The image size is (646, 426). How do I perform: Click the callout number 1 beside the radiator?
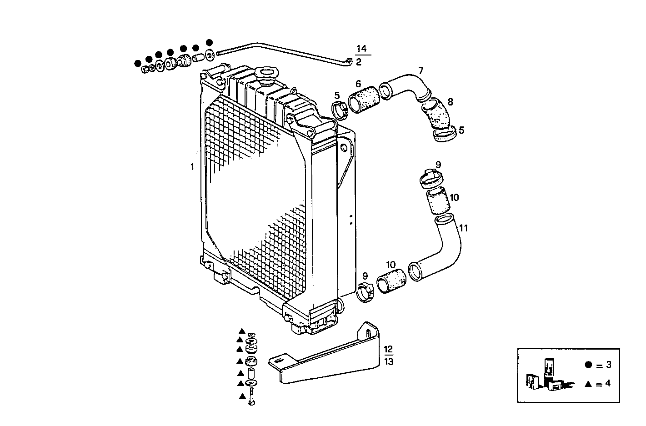click(x=192, y=167)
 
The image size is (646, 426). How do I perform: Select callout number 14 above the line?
click(x=361, y=49)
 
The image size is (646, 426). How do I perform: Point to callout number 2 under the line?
click(x=359, y=62)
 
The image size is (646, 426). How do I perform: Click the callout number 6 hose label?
click(x=358, y=84)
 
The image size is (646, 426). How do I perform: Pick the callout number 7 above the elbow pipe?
click(x=421, y=70)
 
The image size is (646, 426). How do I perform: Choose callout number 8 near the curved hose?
click(x=450, y=102)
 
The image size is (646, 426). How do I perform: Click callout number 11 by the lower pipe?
click(x=463, y=228)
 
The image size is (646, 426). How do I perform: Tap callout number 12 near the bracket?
click(x=389, y=350)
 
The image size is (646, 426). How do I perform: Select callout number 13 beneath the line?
click(x=389, y=362)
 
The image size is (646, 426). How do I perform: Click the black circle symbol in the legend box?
click(x=588, y=365)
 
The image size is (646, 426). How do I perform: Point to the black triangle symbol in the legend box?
click(x=588, y=384)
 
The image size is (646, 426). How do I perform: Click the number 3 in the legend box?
click(x=608, y=365)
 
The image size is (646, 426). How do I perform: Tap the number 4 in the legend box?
click(x=608, y=384)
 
